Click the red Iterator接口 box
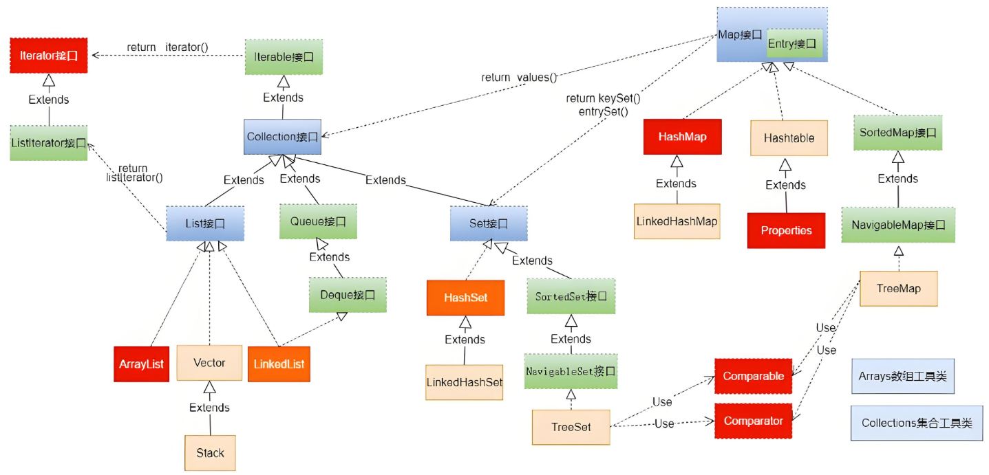click(x=49, y=56)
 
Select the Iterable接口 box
click(x=284, y=56)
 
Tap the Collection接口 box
click(x=283, y=137)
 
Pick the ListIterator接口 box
click(x=49, y=143)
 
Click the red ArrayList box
click(x=142, y=364)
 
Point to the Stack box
click(x=210, y=452)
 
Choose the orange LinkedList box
click(x=279, y=364)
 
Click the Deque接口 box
click(x=348, y=295)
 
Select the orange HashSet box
click(x=465, y=298)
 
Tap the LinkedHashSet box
click(x=465, y=382)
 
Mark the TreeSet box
click(x=571, y=426)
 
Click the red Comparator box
click(x=753, y=421)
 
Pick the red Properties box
click(x=786, y=230)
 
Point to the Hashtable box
click(x=789, y=137)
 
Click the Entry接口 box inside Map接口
click(x=794, y=44)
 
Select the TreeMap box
click(x=898, y=289)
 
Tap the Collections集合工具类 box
click(x=916, y=423)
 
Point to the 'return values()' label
click(x=519, y=77)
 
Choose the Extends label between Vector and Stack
click(x=209, y=408)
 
